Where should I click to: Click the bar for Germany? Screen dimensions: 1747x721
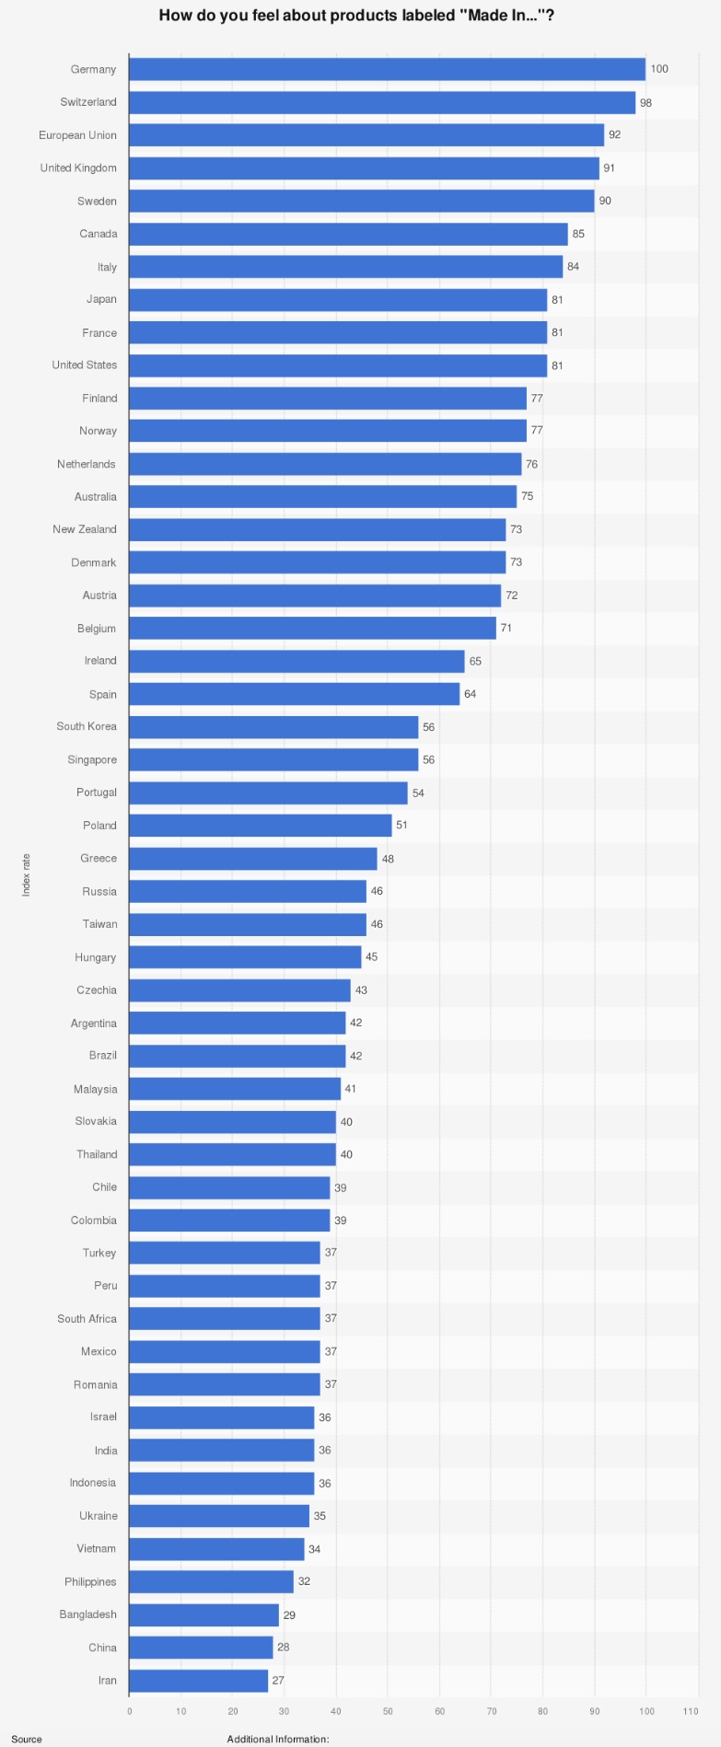pyautogui.click(x=387, y=69)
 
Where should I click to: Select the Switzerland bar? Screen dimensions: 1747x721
pyautogui.click(x=382, y=102)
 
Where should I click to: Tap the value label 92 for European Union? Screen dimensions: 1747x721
pyautogui.click(x=615, y=135)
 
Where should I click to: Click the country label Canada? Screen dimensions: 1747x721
pyautogui.click(x=99, y=234)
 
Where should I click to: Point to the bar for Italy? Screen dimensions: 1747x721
pyautogui.click(x=345, y=267)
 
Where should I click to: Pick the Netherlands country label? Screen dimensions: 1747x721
pyautogui.click(x=87, y=464)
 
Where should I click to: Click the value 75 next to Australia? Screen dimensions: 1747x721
pyautogui.click(x=528, y=497)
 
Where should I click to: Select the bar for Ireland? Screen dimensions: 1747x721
pyautogui.click(x=297, y=661)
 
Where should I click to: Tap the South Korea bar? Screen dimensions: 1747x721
pyautogui.click(x=273, y=727)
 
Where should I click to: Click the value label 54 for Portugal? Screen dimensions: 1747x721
pyautogui.click(x=419, y=793)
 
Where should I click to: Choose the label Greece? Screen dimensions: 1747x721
pyautogui.click(x=99, y=859)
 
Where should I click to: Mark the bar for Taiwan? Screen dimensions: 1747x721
pyautogui.click(x=248, y=924)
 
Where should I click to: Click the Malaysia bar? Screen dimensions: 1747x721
pyautogui.click(x=235, y=1089)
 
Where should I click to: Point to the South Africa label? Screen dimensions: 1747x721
pyautogui.click(x=87, y=1319)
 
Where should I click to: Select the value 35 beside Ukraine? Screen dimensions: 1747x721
pyautogui.click(x=320, y=1516)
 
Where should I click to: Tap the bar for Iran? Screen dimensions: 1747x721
pyautogui.click(x=198, y=1681)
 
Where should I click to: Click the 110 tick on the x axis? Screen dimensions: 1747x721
pyautogui.click(x=691, y=1711)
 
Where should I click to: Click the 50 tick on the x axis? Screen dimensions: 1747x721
pyautogui.click(x=388, y=1711)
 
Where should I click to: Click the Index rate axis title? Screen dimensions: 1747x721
pyautogui.click(x=27, y=874)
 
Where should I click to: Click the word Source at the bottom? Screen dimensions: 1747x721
pyautogui.click(x=27, y=1739)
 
